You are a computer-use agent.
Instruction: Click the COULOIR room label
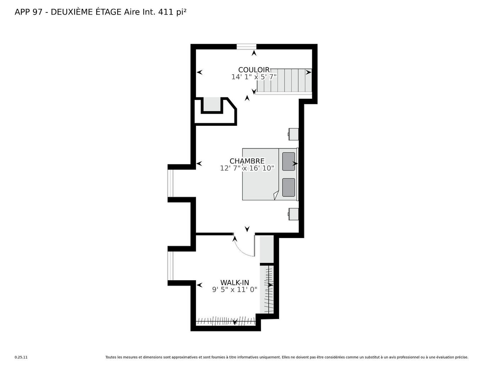click(254, 70)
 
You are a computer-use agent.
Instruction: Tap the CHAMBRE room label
click(247, 161)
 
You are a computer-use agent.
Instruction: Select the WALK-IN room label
click(235, 282)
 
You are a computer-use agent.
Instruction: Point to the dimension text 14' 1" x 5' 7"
click(254, 77)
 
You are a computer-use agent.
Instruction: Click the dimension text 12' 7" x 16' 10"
click(247, 168)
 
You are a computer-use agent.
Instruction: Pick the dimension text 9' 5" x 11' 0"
click(235, 290)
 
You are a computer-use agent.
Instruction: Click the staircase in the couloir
click(284, 80)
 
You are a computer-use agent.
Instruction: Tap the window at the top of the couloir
click(246, 47)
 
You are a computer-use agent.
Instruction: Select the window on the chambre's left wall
click(170, 183)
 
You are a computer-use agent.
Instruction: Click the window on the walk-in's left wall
click(170, 266)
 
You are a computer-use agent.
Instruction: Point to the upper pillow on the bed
click(288, 161)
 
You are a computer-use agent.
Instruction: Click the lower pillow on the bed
click(288, 188)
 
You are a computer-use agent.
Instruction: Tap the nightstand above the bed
click(293, 134)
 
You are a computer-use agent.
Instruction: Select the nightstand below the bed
click(293, 214)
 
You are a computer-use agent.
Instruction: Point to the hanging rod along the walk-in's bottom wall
click(226, 321)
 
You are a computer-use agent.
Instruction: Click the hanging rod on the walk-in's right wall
click(269, 290)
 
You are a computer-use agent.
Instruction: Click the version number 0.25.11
click(21, 357)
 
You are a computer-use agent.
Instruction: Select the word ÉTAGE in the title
click(108, 12)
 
